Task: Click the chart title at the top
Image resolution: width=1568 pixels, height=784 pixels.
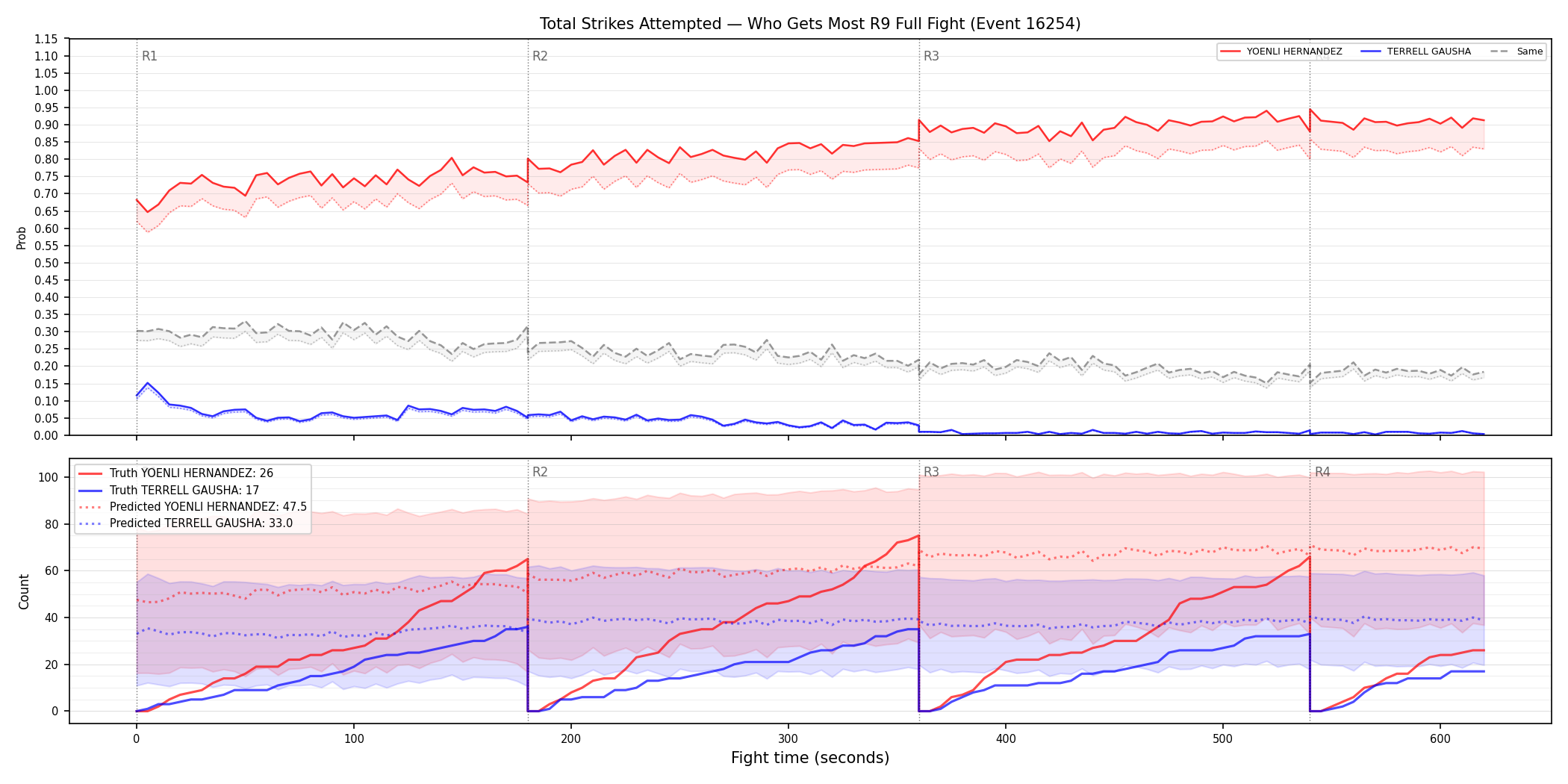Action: (810, 24)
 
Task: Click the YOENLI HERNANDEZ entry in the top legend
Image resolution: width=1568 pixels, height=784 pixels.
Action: (1294, 52)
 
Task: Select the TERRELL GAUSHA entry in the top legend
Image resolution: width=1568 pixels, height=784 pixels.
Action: (1429, 52)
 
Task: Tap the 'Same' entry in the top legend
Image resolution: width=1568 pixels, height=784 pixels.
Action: (1530, 52)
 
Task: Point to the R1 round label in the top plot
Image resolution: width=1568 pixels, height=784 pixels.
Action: (149, 56)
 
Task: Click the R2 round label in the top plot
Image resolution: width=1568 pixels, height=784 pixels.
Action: (540, 56)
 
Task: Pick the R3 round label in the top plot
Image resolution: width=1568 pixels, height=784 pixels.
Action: (931, 56)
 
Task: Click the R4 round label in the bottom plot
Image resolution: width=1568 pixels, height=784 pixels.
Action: (1322, 472)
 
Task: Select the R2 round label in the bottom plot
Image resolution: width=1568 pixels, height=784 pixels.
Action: (540, 472)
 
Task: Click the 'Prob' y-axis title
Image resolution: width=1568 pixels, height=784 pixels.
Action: (22, 237)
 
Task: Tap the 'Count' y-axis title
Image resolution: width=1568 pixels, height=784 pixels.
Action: (24, 591)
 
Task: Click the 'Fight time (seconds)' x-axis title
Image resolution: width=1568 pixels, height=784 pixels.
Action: (810, 758)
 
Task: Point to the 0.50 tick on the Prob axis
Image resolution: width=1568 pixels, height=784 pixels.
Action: (47, 263)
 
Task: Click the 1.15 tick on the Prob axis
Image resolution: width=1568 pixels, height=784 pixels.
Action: (47, 39)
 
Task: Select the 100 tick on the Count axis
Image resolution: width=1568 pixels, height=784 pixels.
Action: (49, 477)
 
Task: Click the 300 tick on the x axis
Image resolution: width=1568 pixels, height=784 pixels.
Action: (788, 739)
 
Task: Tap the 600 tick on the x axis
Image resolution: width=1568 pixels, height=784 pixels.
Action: (1440, 739)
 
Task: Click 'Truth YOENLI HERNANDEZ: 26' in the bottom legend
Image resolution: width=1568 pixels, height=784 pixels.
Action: (191, 473)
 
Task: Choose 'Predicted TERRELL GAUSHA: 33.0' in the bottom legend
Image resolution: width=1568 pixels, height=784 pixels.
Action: (201, 523)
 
